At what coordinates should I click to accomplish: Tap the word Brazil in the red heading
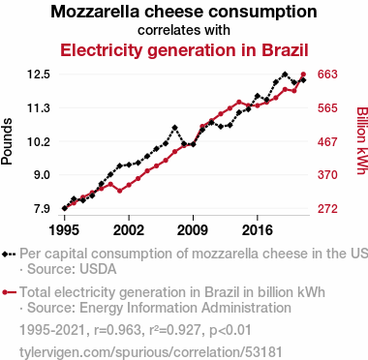click(285, 50)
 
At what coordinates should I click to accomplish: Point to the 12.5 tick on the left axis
click(38, 75)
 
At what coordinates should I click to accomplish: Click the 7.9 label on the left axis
click(41, 209)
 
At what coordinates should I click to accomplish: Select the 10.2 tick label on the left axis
click(38, 141)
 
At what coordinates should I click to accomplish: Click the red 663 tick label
click(327, 75)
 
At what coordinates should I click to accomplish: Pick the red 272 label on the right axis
click(327, 209)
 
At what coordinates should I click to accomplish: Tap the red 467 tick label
click(327, 141)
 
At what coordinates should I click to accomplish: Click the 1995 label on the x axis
click(64, 230)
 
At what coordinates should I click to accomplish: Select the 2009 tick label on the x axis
click(193, 230)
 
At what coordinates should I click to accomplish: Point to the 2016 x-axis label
click(258, 230)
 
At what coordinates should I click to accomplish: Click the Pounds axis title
click(7, 141)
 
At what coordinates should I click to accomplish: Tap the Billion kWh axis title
click(362, 140)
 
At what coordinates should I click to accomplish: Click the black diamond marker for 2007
click(174, 128)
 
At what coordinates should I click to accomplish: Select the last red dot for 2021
click(303, 75)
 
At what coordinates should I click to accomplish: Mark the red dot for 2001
click(120, 191)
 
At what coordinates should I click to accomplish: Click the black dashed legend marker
click(9, 255)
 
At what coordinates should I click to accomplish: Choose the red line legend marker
click(9, 292)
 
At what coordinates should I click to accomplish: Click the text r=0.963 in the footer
click(117, 330)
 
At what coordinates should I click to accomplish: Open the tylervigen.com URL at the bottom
click(151, 352)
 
